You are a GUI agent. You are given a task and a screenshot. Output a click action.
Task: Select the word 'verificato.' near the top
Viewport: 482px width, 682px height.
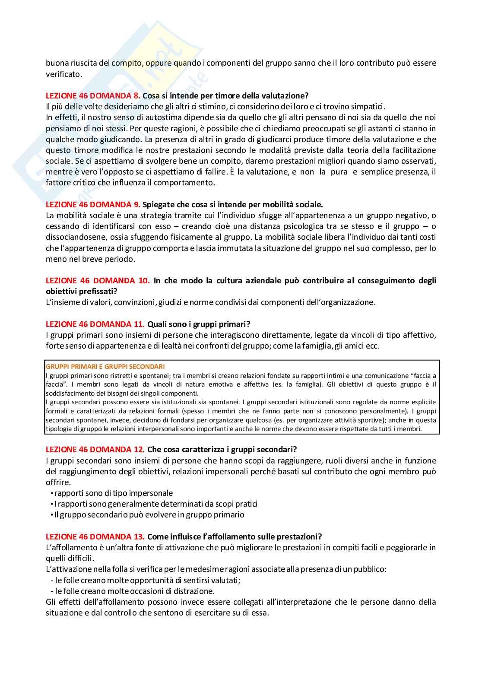click(63, 74)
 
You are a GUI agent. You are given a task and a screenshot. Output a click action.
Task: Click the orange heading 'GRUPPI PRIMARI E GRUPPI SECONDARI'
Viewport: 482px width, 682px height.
click(105, 367)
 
